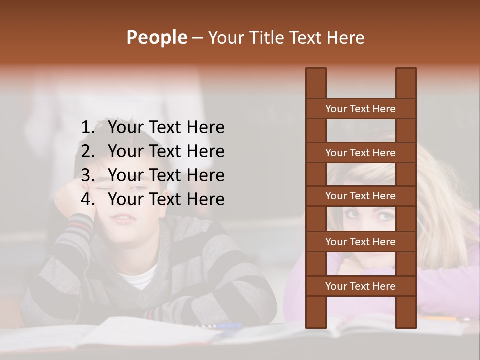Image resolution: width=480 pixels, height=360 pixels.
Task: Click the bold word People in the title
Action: point(156,38)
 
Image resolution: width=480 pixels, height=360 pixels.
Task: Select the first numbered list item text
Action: point(166,127)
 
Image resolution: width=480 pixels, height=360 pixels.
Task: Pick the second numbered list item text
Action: point(166,151)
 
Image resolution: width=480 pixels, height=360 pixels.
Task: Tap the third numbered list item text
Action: point(166,175)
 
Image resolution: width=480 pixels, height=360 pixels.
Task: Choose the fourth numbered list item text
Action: point(166,199)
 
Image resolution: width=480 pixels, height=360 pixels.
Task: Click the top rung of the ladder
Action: point(360,109)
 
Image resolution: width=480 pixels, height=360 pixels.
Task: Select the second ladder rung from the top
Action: point(360,153)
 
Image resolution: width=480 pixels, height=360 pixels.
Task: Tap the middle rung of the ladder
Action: point(360,196)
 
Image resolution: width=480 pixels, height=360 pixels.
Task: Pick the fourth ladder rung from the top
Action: point(360,242)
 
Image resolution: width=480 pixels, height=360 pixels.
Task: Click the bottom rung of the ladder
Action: point(360,286)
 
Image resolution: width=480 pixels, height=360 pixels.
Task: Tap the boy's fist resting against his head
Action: point(75,197)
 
